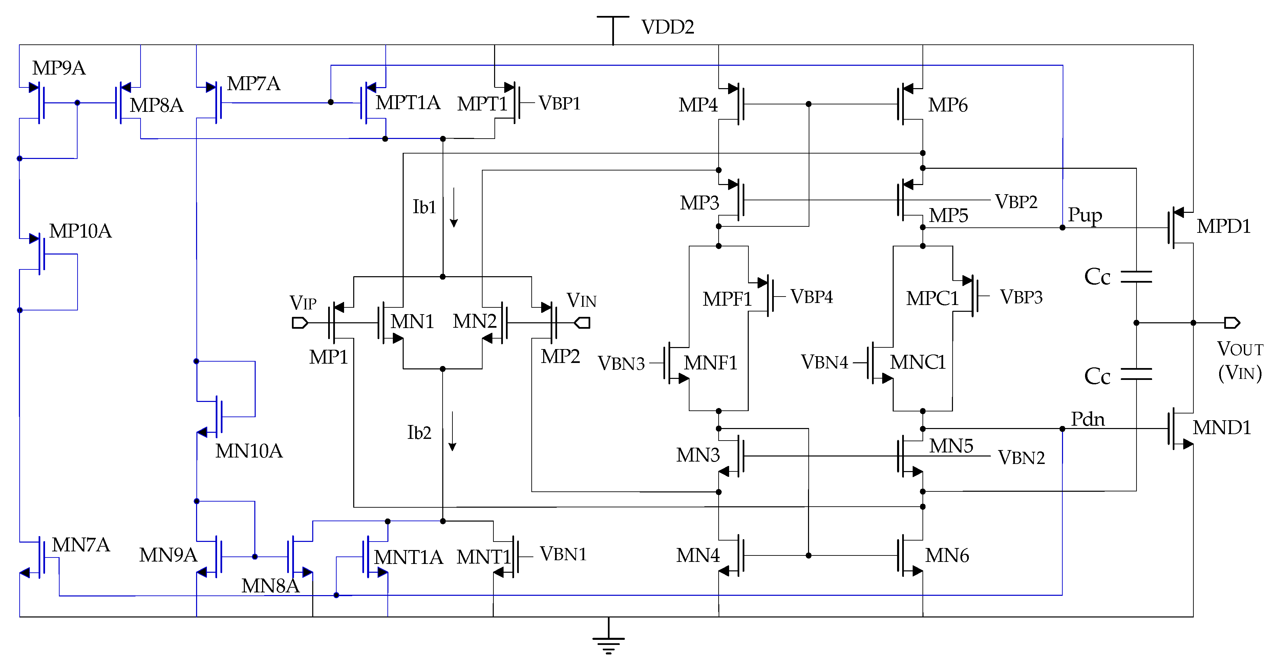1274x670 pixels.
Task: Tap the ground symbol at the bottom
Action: pos(609,643)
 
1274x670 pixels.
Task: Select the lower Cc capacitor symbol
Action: pos(1136,374)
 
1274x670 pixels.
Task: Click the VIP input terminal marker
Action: pos(300,323)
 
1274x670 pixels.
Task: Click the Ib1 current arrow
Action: pos(453,208)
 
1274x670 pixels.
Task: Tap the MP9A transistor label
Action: pos(59,68)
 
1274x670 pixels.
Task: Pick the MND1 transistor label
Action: pos(1222,428)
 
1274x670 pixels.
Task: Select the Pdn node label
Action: pos(1087,419)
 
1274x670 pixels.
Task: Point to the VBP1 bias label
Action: pos(559,103)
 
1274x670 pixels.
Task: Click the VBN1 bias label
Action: pos(563,554)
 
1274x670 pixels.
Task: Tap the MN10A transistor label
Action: pos(249,451)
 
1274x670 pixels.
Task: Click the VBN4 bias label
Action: pos(824,362)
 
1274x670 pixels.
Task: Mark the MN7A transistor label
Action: pos(81,545)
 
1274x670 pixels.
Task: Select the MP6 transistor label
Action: pos(948,105)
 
